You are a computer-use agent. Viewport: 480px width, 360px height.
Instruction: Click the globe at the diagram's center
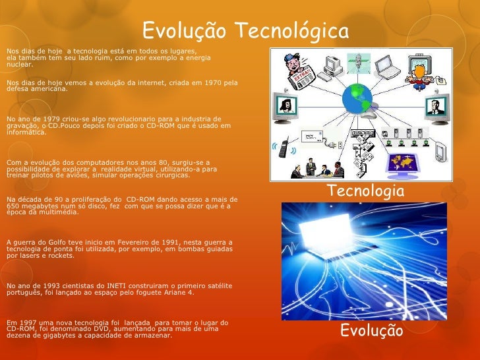pyautogui.click(x=357, y=100)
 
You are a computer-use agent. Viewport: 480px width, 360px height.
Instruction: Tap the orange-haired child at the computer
pyautogui.click(x=417, y=70)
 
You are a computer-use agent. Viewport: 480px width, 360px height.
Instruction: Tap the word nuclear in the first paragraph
pyautogui.click(x=17, y=65)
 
